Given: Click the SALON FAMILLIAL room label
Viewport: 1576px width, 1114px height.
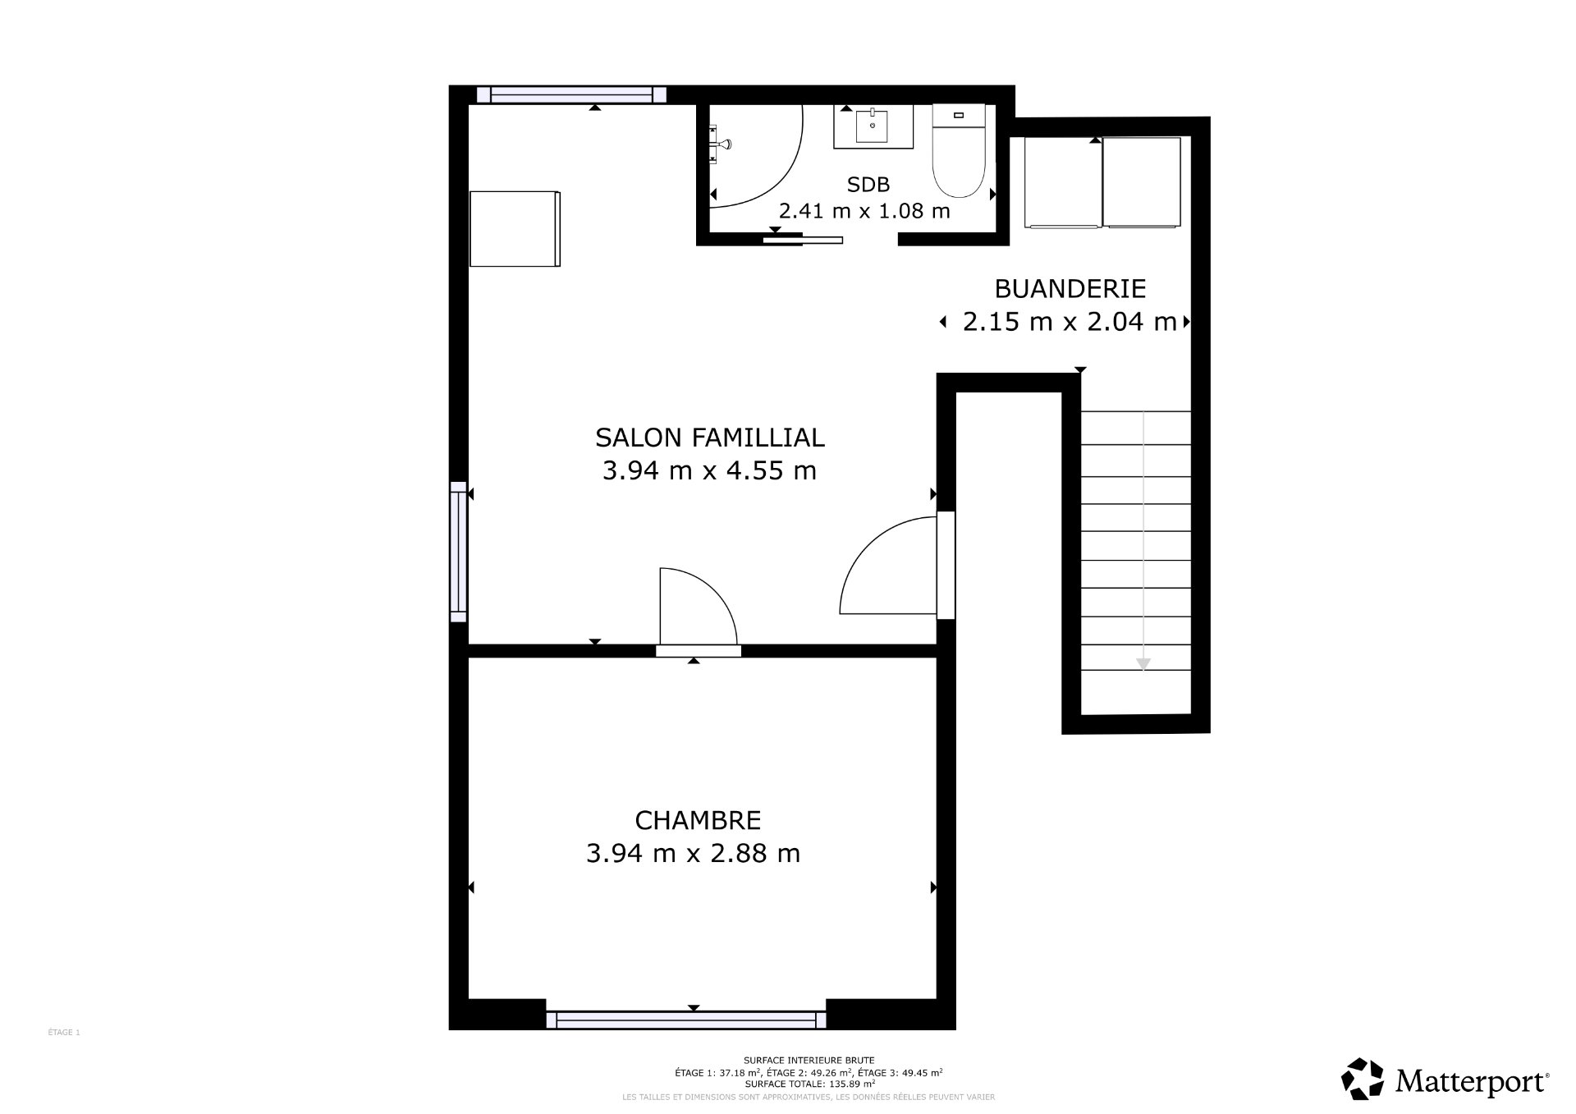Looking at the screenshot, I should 709,438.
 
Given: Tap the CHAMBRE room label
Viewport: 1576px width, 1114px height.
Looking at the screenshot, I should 698,820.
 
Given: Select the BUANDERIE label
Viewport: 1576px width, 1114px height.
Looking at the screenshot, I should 1070,289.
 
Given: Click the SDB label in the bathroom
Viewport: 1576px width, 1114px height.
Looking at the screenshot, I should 868,185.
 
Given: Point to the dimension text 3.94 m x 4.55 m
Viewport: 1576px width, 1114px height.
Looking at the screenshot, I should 709,471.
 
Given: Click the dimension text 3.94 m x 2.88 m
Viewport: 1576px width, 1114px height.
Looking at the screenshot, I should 693,854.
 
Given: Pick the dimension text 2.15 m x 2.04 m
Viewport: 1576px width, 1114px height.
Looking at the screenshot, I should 1070,322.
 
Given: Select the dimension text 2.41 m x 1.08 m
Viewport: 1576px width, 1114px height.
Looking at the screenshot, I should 864,211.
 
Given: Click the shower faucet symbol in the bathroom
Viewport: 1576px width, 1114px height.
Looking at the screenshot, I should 720,144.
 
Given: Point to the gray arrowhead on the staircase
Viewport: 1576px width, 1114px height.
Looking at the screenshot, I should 1143,664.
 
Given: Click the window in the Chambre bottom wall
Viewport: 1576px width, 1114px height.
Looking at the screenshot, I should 686,1020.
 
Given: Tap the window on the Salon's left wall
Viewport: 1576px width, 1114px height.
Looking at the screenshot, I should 458,552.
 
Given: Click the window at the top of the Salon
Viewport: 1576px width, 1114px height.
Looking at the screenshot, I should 571,94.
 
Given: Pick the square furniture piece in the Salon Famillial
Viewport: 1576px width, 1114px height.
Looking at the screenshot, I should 515,229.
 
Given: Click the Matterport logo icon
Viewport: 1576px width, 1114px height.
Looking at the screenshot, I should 1363,1080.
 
